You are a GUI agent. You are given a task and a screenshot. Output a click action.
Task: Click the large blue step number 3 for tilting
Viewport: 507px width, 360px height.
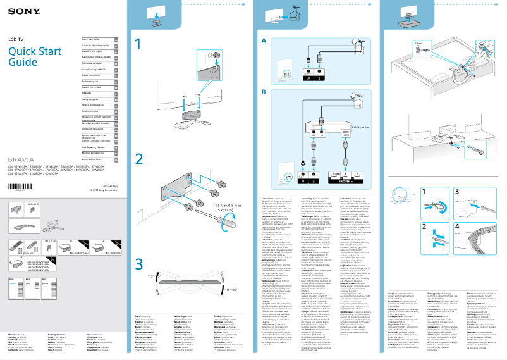[140, 263]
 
